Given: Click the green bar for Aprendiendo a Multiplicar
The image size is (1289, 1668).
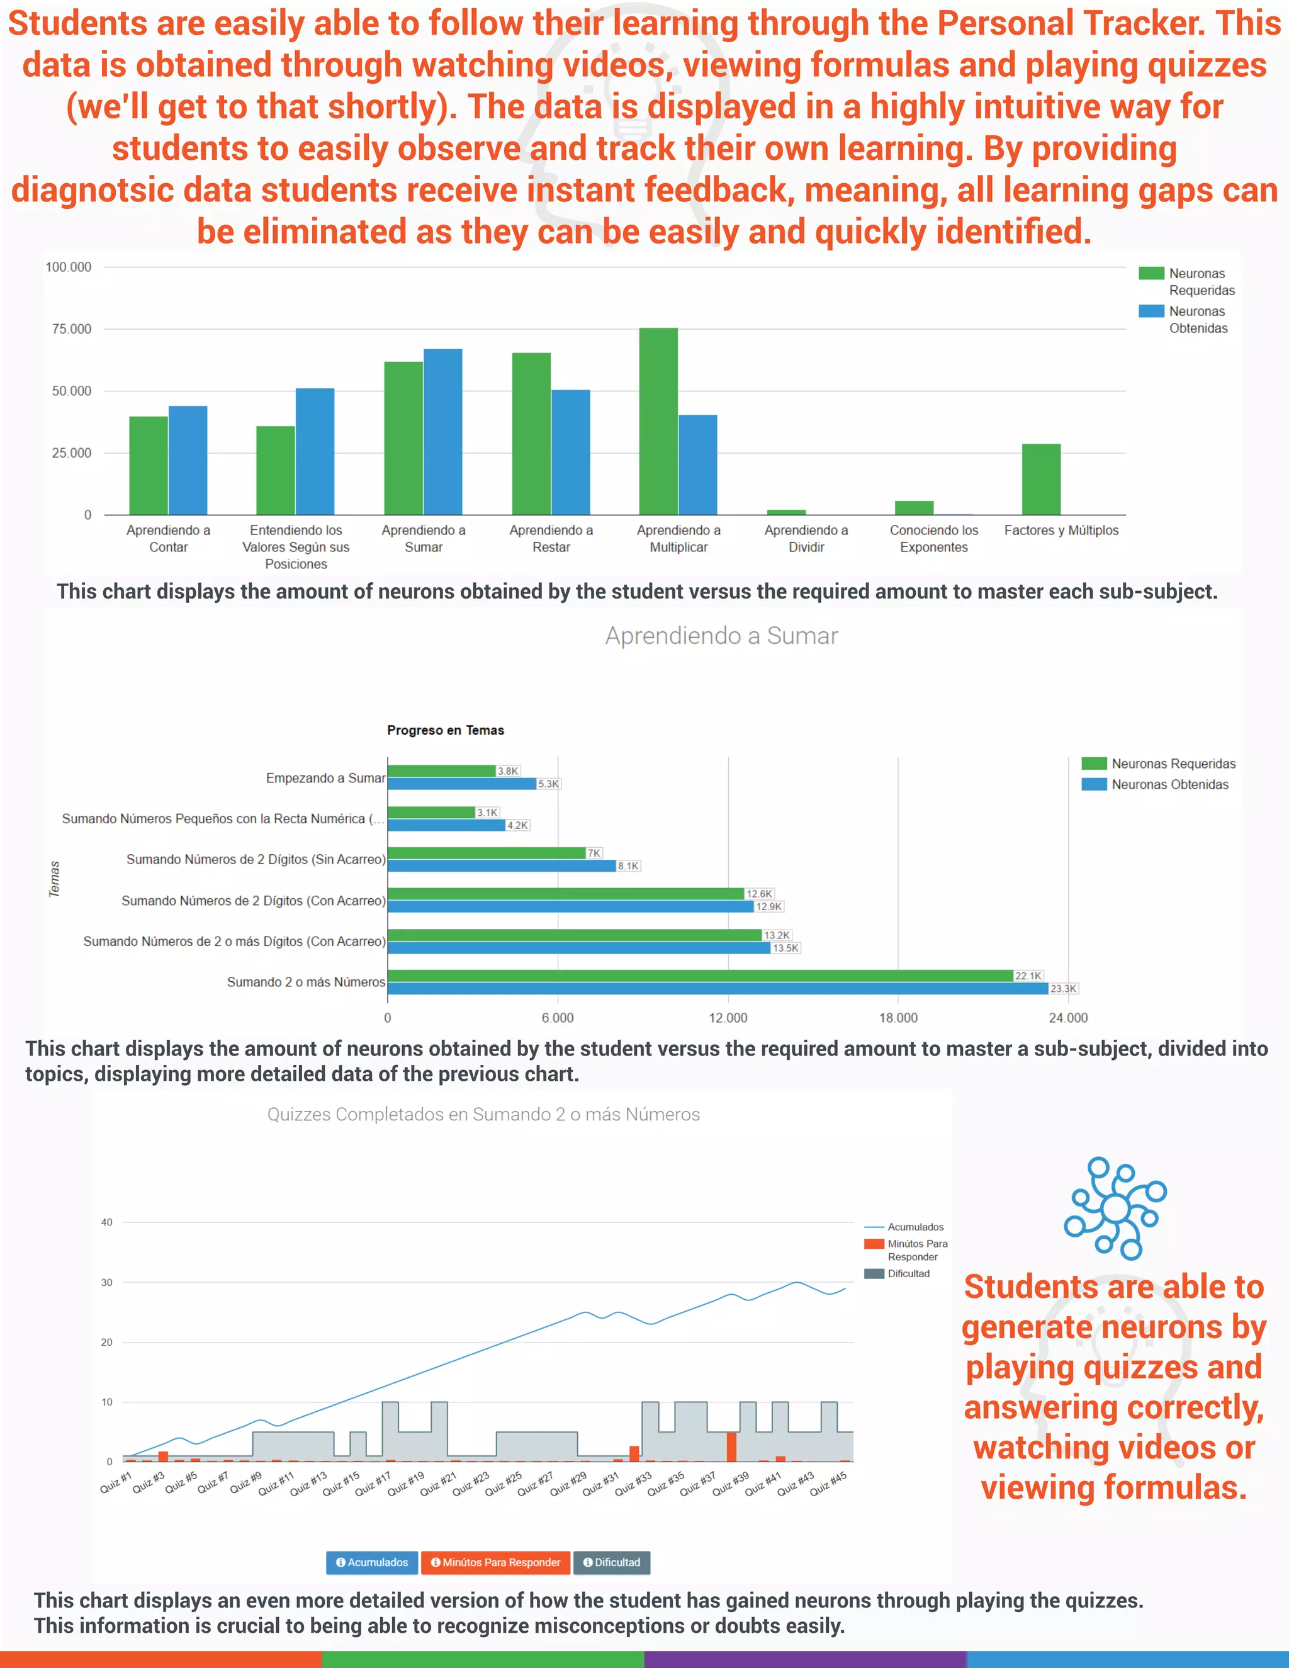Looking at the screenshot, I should [658, 421].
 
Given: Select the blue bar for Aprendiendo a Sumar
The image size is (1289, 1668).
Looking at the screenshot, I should [443, 432].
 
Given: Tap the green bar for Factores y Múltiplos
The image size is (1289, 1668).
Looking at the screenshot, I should [1041, 479].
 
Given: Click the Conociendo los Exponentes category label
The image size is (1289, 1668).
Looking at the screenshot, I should [933, 538].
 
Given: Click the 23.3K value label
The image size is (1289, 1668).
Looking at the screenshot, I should [1063, 989].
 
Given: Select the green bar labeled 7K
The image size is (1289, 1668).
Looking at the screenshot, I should [487, 853].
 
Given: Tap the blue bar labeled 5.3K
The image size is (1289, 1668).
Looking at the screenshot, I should [462, 784].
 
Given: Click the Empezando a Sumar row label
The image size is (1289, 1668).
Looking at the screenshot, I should [325, 778].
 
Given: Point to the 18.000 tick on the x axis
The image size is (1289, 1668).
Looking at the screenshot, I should [898, 1018].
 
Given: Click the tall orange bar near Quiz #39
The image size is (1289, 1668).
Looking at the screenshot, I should [731, 1446].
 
